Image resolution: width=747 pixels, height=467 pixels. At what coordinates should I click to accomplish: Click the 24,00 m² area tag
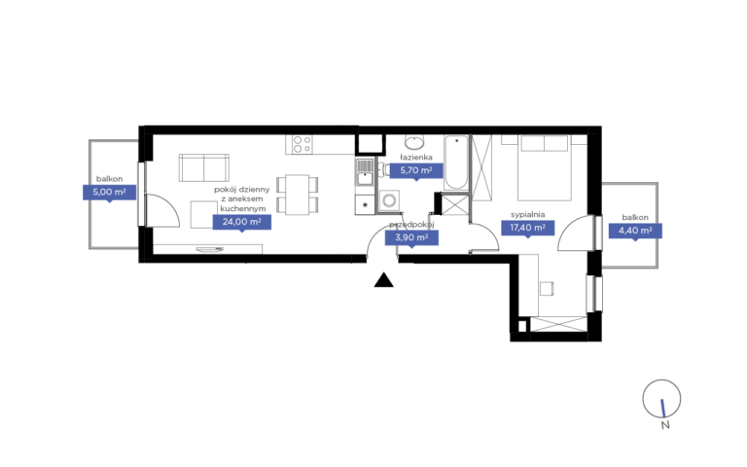tap(242, 222)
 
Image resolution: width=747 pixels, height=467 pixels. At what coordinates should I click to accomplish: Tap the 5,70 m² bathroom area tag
tap(416, 170)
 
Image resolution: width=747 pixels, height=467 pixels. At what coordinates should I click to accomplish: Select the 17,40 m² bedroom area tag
tap(528, 228)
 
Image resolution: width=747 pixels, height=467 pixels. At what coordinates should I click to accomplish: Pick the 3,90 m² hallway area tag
tap(411, 237)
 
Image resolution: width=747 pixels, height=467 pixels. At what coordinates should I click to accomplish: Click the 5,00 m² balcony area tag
tap(110, 193)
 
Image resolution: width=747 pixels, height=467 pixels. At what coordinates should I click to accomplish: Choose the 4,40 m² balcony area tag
tap(635, 231)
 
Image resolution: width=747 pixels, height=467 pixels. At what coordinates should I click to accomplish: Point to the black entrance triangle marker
tap(383, 280)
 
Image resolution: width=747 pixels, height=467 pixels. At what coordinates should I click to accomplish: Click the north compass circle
tap(661, 399)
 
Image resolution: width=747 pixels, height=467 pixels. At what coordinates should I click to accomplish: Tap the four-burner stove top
tap(302, 144)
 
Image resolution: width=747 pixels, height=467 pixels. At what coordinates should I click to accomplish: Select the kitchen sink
tap(365, 172)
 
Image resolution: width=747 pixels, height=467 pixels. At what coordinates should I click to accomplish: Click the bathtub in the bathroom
tap(456, 162)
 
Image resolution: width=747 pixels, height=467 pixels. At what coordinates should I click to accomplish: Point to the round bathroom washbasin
tap(415, 141)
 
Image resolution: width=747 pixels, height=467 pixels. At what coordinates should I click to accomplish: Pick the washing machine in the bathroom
tap(389, 200)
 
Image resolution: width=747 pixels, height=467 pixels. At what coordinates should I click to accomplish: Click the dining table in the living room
tap(298, 195)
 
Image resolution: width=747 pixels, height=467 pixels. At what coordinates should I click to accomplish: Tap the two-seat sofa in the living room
tap(204, 167)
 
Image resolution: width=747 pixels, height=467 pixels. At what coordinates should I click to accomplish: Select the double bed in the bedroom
tap(545, 167)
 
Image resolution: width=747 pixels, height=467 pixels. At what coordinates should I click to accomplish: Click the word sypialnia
tap(527, 214)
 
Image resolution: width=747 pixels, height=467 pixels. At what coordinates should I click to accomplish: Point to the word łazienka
tap(416, 157)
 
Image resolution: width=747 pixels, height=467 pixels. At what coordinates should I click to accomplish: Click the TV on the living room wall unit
tap(210, 249)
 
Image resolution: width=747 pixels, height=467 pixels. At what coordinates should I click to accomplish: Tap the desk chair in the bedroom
tap(547, 289)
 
